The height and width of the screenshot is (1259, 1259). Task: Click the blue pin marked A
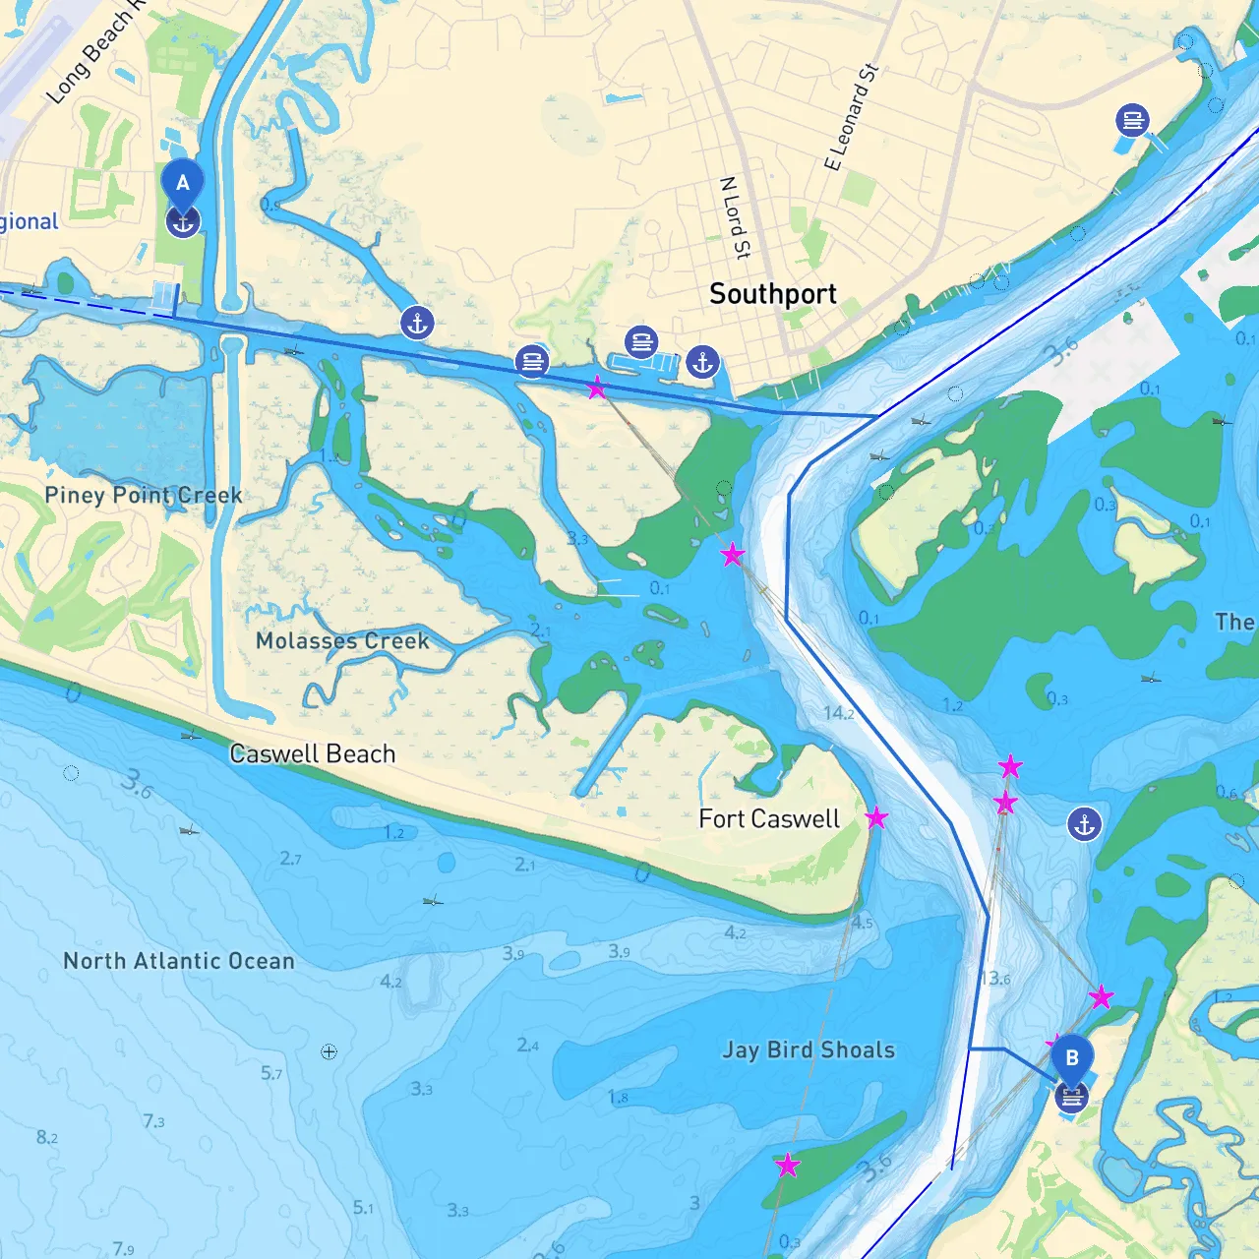(x=182, y=183)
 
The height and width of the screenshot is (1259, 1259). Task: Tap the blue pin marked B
(x=1072, y=1058)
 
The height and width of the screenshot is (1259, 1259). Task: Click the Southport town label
(x=772, y=294)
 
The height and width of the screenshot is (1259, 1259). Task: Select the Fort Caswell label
(x=768, y=819)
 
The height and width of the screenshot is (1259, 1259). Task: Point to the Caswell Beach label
(x=312, y=754)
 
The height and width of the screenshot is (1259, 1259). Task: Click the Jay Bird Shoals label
(x=809, y=1050)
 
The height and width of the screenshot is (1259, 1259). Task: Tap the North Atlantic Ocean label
(x=179, y=961)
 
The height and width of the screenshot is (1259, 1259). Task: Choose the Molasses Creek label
(x=342, y=641)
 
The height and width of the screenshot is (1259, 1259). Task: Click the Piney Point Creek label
(x=144, y=496)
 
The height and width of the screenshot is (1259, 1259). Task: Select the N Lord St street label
(x=735, y=217)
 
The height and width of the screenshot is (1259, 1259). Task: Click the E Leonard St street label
(x=851, y=117)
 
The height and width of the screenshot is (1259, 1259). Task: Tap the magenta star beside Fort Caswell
(x=876, y=818)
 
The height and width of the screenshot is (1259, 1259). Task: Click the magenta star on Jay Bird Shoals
(x=788, y=1167)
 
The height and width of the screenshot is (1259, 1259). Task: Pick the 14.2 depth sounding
(x=838, y=713)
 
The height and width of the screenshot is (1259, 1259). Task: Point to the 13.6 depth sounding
(x=994, y=979)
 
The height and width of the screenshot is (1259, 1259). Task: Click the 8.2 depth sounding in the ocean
(x=47, y=1138)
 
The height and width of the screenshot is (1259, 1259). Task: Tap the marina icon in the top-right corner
(x=1133, y=120)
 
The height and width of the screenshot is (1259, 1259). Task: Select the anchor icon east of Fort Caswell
(x=1084, y=824)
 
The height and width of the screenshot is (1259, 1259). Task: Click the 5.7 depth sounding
(x=271, y=1073)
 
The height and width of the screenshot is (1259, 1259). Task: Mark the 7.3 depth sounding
(x=153, y=1121)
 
